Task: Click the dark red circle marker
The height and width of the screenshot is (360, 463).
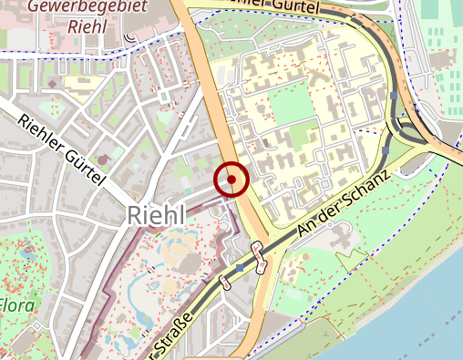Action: point(231,180)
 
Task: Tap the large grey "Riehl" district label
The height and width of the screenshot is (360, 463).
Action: point(156,215)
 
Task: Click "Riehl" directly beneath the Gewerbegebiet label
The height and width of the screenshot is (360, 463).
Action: point(89,26)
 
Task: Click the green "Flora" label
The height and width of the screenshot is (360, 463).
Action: point(17,303)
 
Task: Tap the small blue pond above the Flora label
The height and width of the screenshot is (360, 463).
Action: point(26,248)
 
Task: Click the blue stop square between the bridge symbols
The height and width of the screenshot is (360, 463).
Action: point(240,269)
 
